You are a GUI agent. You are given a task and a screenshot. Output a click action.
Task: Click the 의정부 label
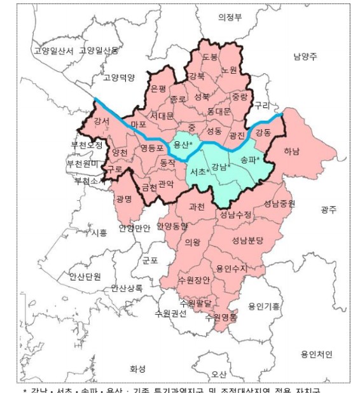(x=230, y=17)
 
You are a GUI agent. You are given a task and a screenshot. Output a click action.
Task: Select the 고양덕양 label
(x=119, y=78)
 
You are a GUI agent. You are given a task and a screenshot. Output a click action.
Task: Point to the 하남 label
(x=292, y=151)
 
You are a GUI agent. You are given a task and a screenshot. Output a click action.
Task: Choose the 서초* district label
(x=200, y=172)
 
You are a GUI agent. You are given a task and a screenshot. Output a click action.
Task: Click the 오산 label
(x=219, y=373)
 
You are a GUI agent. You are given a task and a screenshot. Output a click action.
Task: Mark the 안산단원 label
(x=85, y=276)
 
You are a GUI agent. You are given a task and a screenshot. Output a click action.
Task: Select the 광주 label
(x=329, y=209)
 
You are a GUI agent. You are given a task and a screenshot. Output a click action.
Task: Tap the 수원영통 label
(x=221, y=316)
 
